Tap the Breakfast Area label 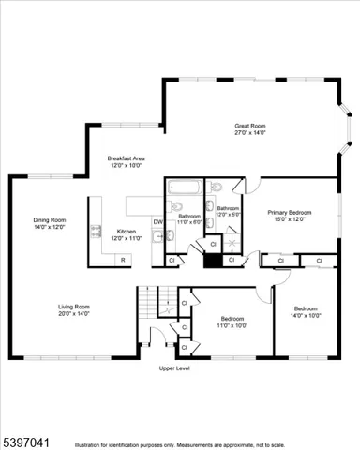click(126, 158)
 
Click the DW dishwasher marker click(157, 222)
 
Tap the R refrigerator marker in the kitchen click(122, 258)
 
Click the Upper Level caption click(174, 368)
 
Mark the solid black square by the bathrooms click(213, 262)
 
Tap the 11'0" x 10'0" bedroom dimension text click(232, 325)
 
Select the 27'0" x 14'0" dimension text click(249, 133)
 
